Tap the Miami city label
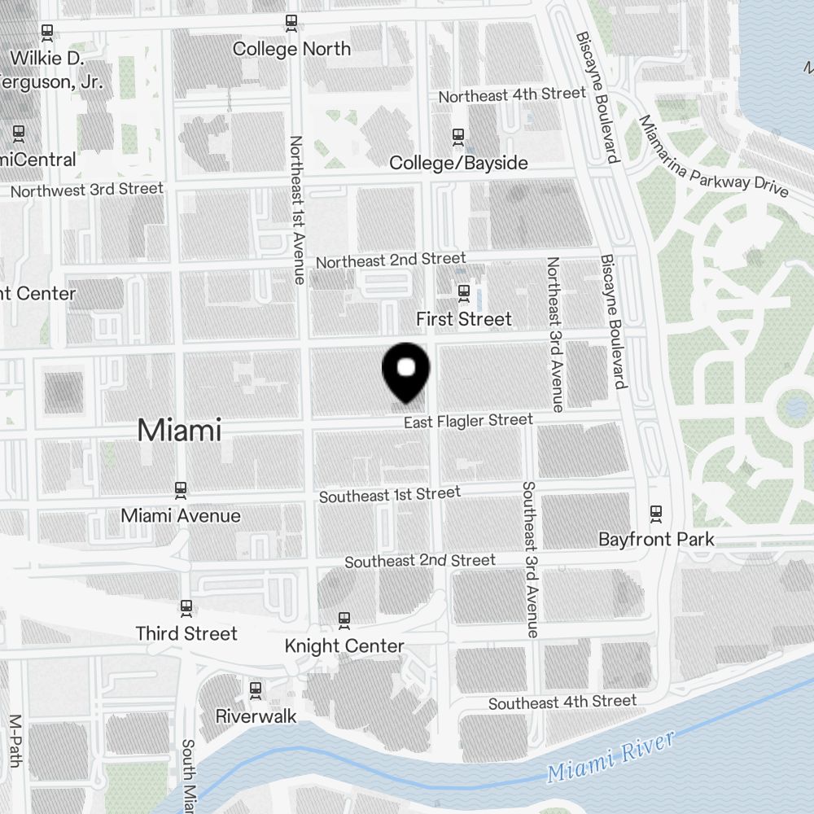(x=179, y=430)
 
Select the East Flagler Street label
(x=468, y=421)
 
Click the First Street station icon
(x=464, y=291)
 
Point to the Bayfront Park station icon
(x=656, y=513)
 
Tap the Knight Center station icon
(x=344, y=620)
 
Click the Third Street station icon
(x=186, y=607)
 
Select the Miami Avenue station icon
(x=181, y=490)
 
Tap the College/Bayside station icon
(x=458, y=136)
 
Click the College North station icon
(x=291, y=23)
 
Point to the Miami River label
(x=610, y=757)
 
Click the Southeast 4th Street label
(x=562, y=702)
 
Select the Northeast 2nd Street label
(x=391, y=260)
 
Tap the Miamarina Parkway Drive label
(x=713, y=156)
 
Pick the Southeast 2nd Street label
(x=420, y=561)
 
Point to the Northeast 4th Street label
(x=512, y=95)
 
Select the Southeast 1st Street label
(x=390, y=494)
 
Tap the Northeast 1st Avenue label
(x=296, y=209)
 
